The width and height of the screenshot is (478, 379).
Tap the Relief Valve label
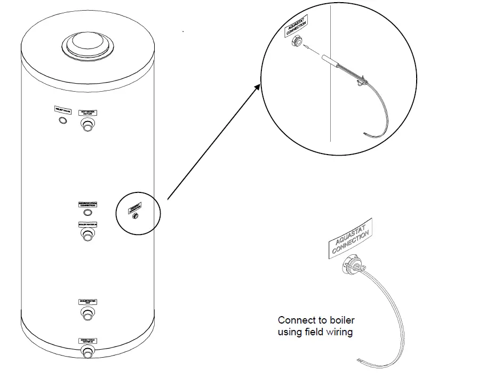[62, 110]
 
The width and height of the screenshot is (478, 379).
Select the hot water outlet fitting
[86, 125]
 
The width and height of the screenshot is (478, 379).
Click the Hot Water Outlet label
[86, 112]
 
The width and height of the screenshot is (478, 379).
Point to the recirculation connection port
[87, 213]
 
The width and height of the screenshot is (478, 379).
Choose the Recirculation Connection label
[87, 204]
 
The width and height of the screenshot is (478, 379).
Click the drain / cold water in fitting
[87, 351]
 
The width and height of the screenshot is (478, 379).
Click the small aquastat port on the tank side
[135, 215]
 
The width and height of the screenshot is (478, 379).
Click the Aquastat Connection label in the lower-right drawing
[349, 240]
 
